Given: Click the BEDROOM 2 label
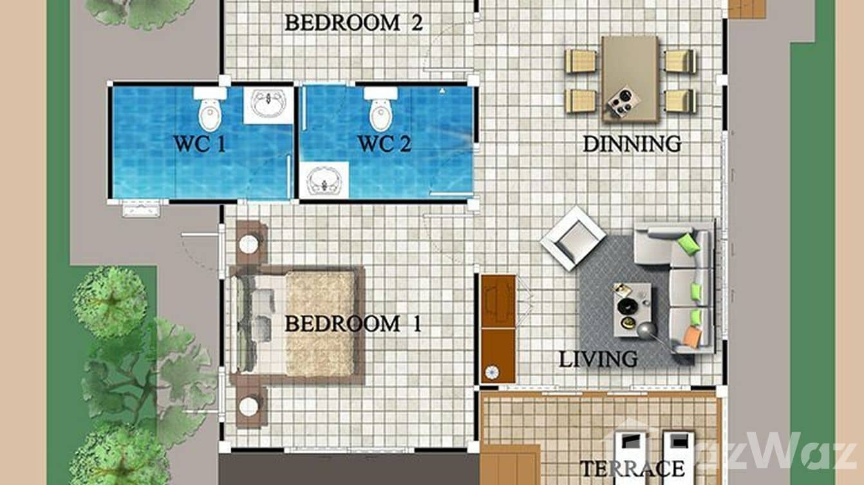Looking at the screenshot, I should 353,23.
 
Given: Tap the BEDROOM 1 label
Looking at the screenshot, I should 353,324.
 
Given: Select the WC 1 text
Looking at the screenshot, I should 200,144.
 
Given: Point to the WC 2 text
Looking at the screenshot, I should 384,144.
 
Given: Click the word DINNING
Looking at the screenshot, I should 632,143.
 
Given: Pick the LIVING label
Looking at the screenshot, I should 598,359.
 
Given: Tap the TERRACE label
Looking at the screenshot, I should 632,468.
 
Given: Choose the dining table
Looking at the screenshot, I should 630,78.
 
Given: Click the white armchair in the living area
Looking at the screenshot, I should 572,238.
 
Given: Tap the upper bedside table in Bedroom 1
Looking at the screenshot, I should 249,243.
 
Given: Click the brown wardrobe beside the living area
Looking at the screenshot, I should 498,329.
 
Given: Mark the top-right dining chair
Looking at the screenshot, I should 680,61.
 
